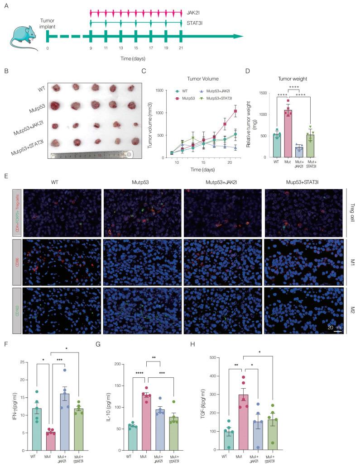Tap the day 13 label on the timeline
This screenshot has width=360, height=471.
(x=120, y=48)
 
